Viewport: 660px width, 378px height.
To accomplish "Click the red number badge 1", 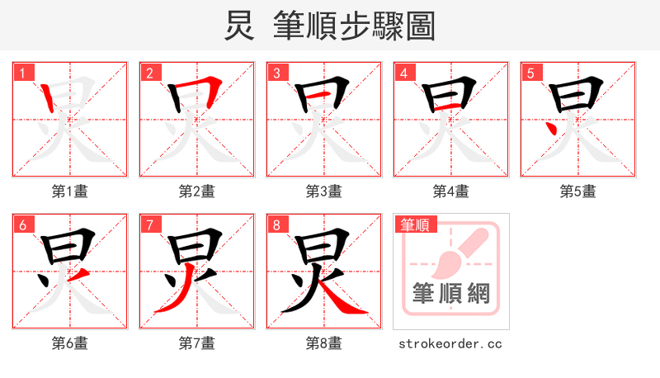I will click(22, 73).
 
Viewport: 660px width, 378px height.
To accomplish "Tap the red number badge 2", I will click(149, 73).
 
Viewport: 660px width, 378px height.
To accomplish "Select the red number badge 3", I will click(276, 73).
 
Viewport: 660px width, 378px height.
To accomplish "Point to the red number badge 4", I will click(403, 73).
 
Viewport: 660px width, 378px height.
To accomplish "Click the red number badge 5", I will click(530, 73).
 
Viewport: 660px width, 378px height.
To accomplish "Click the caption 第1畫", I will click(70, 191).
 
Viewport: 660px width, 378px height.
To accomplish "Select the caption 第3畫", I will click(324, 191).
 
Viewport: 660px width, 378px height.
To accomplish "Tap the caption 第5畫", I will click(578, 191).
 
